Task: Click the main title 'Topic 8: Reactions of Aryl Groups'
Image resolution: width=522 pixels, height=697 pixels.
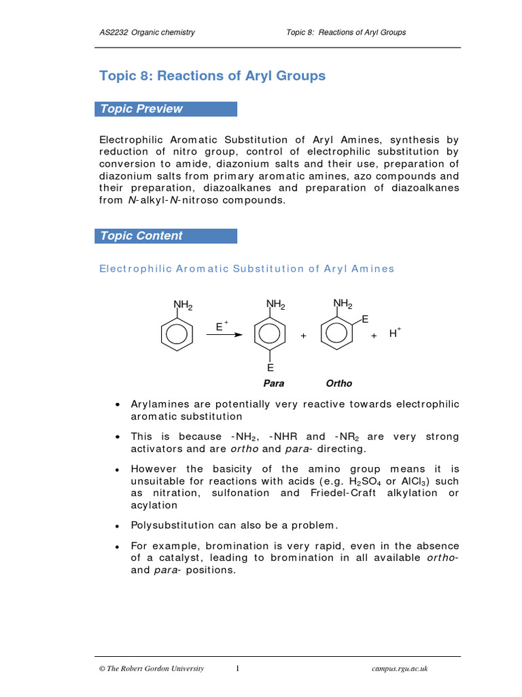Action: coord(212,76)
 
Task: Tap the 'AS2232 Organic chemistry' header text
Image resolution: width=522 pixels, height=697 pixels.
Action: coord(147,33)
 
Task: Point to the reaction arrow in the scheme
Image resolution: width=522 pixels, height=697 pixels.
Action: coord(225,335)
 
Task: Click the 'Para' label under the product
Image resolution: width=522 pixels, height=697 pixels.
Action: coord(273,383)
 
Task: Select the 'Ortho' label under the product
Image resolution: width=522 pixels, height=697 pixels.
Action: coord(339,383)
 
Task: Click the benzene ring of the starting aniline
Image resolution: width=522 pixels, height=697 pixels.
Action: coord(177,336)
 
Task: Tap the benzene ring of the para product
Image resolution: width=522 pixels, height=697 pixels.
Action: coord(270,336)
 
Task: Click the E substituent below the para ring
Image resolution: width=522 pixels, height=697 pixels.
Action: coord(270,368)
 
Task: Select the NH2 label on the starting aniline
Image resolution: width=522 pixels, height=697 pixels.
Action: coord(183,305)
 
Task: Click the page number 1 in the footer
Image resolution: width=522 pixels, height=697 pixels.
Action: coord(238,668)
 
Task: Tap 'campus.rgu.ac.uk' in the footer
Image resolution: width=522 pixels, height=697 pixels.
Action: coord(400,669)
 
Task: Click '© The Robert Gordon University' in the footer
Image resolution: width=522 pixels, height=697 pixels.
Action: coord(152,669)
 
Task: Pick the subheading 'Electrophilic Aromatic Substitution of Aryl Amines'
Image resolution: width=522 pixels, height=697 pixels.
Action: coord(247,269)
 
